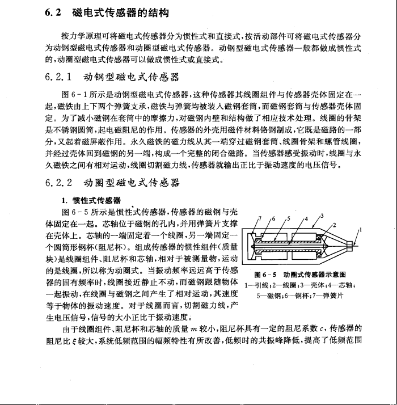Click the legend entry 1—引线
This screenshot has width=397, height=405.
point(253,285)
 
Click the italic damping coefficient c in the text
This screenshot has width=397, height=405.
point(323,328)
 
